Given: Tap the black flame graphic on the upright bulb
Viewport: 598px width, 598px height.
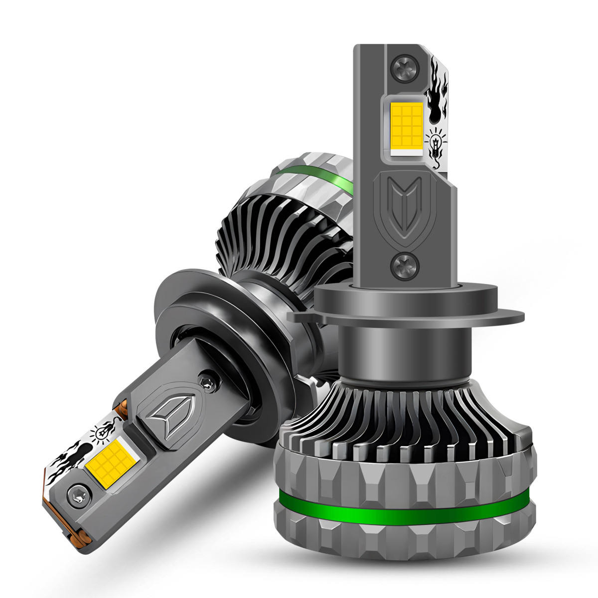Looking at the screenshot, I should (x=438, y=95).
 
